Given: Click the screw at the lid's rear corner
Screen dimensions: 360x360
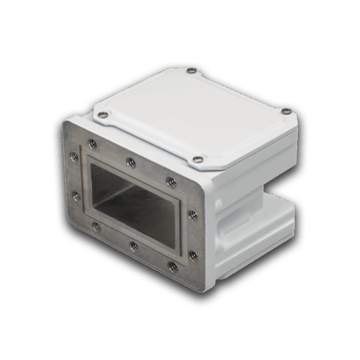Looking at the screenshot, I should [191, 71].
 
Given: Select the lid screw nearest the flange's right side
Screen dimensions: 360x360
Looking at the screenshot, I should [197, 160].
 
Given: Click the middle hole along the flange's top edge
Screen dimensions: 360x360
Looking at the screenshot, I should [130, 160].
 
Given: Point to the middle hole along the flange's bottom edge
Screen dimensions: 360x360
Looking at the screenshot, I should [134, 245].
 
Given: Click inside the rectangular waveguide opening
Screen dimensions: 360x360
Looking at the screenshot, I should [132, 201].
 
